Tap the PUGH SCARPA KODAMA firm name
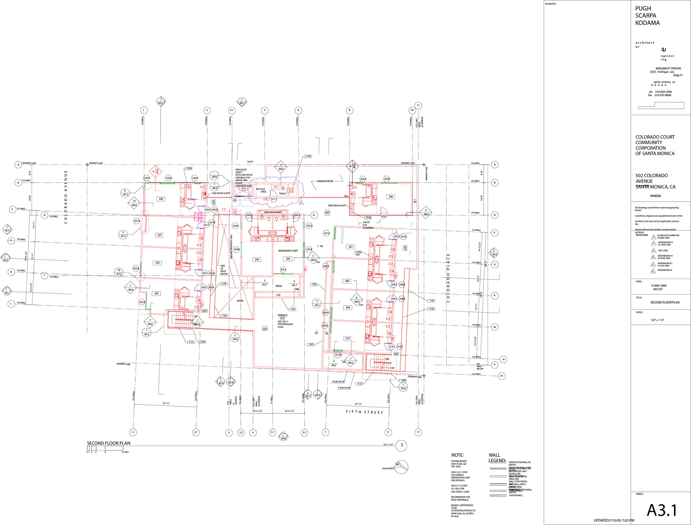pyautogui.click(x=647, y=15)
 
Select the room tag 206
pyautogui.click(x=391, y=197)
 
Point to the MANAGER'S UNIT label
pyautogui.click(x=288, y=251)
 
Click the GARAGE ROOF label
pyautogui.click(x=325, y=181)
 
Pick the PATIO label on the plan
pyautogui.click(x=279, y=286)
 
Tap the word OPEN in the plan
pyautogui.click(x=240, y=301)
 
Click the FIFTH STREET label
pyautogui.click(x=364, y=412)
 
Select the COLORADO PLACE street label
pyautogui.click(x=448, y=278)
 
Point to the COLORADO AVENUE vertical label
pyautogui.click(x=66, y=197)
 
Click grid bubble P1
pyautogui.click(x=502, y=376)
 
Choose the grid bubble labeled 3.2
pyautogui.click(x=241, y=432)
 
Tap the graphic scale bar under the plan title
pyautogui.click(x=104, y=448)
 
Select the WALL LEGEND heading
pyautogui.click(x=497, y=458)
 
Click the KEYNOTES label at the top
pyautogui.click(x=551, y=4)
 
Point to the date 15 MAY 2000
pyautogui.click(x=658, y=286)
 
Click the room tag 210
pyautogui.click(x=347, y=338)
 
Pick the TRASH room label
pyautogui.click(x=282, y=193)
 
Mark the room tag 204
pyautogui.click(x=257, y=259)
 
